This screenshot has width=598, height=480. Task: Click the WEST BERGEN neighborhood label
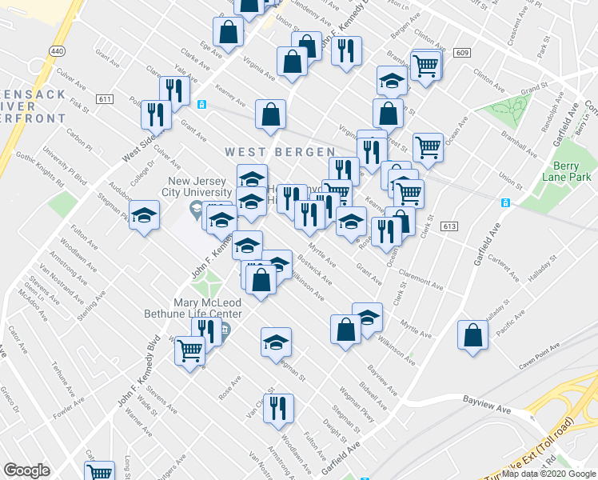(279, 151)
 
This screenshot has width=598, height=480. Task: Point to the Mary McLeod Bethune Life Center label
(206, 309)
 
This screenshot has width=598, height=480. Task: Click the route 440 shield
(56, 50)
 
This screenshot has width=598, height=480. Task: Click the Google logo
(27, 470)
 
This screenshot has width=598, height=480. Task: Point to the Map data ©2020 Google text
(548, 474)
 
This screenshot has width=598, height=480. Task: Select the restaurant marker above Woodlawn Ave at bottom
(279, 408)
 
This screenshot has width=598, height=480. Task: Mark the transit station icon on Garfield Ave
(505, 203)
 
